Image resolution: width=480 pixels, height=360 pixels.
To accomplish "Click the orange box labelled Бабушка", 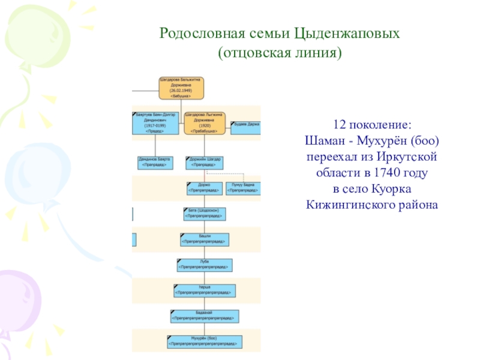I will tap(182, 88).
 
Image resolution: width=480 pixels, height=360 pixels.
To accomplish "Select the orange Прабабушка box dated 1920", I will tap(205, 122).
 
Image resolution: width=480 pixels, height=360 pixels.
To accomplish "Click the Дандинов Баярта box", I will tap(155, 162).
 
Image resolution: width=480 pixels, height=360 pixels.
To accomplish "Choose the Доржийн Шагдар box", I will tap(205, 162).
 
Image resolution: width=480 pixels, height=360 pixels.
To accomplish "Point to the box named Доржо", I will tap(203, 188).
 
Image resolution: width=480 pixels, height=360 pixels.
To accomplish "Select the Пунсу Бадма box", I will tap(243, 188).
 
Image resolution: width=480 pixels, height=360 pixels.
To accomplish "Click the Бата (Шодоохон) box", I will tap(204, 214).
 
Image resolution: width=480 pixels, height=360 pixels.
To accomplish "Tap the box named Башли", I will tap(204, 239).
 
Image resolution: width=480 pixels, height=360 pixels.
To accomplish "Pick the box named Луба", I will tap(204, 265).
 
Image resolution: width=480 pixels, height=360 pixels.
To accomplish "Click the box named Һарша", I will tap(204, 291).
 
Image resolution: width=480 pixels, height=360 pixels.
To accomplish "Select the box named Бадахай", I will tap(204, 316).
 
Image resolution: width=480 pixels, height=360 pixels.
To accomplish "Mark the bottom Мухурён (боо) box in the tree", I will tap(204, 341).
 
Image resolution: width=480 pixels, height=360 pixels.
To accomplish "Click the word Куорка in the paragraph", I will tap(392, 188).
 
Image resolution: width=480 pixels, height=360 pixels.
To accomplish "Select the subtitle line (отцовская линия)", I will tap(279, 53).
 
